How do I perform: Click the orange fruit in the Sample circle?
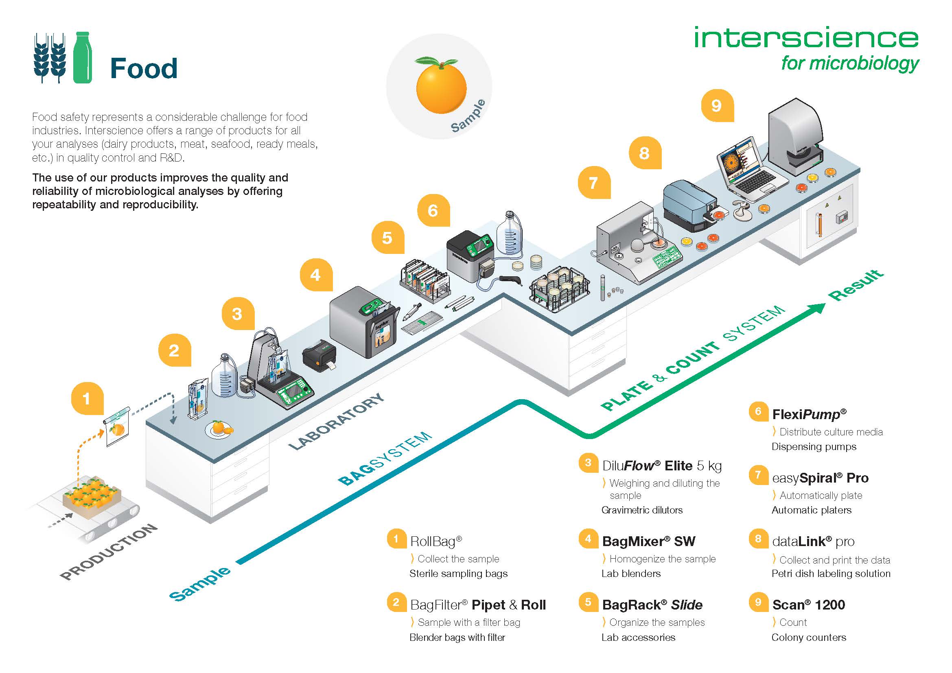coord(441,88)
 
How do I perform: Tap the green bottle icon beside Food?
coord(83,58)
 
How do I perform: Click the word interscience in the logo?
coord(806,38)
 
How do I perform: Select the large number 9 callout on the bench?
coord(717,106)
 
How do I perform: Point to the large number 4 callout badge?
coord(315,275)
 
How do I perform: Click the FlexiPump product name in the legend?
coord(809,414)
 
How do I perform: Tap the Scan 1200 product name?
coord(808,605)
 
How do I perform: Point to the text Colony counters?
coord(809,637)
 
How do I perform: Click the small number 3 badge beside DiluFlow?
coord(588,463)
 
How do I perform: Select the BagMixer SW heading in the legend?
coord(648,541)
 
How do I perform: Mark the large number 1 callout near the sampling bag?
coord(87,399)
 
